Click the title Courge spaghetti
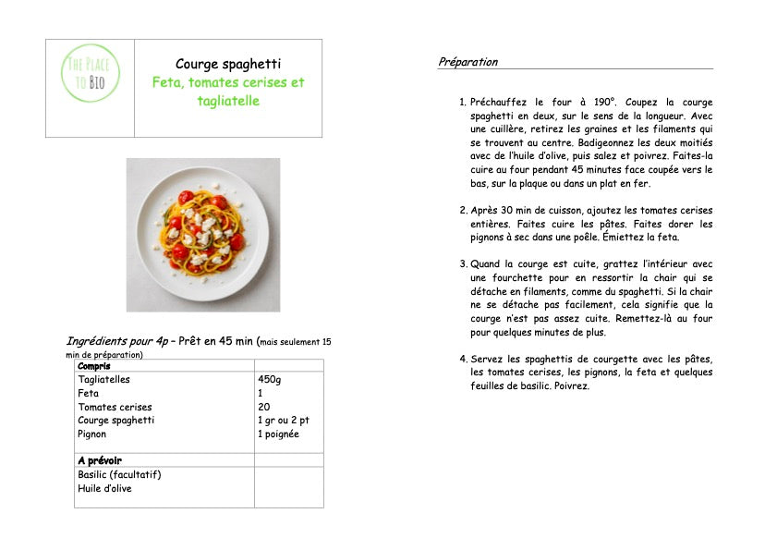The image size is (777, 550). point(228,64)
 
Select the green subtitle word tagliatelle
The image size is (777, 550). point(228,101)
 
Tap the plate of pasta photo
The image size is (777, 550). point(203,235)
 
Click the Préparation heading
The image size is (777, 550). point(467,62)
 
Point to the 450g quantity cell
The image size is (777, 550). point(269,379)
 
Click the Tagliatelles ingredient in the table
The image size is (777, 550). point(104,379)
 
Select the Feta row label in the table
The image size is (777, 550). point(89,393)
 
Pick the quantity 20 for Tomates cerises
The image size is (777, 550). point(264,407)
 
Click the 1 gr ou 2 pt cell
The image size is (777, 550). point(284,421)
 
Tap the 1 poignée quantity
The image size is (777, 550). point(278,434)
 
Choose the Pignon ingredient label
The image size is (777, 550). point(92,434)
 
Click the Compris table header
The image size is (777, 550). point(95,366)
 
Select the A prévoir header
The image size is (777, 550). point(100,460)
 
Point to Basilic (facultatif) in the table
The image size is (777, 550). point(120,474)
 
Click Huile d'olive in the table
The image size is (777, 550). point(104,488)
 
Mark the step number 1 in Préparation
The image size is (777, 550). point(463,103)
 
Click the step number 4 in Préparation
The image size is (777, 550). point(463,359)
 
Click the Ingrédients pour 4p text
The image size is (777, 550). point(117,341)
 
